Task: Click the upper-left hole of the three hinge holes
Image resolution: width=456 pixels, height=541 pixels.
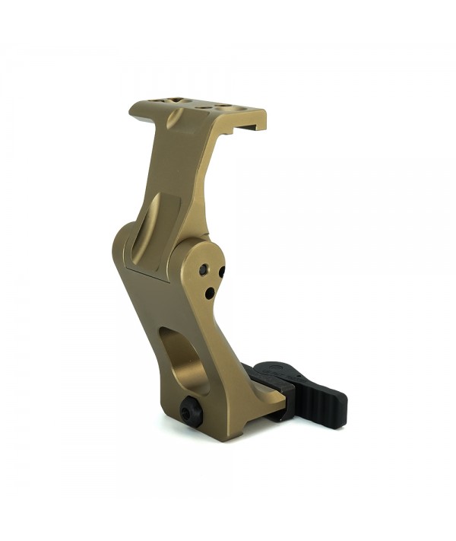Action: [x=204, y=270]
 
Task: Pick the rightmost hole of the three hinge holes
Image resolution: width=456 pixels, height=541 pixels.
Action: [x=221, y=272]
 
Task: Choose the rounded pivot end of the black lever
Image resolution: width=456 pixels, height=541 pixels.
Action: [x=264, y=370]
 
